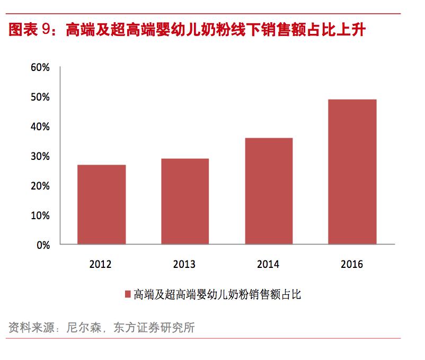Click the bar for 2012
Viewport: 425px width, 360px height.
coord(101,204)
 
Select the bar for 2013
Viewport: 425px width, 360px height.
coord(185,201)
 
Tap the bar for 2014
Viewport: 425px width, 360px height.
coord(268,191)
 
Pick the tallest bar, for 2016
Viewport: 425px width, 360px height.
coord(352,172)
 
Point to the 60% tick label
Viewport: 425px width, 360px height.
coord(40,68)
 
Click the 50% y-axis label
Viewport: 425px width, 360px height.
coord(40,97)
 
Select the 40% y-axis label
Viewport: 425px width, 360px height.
coord(40,127)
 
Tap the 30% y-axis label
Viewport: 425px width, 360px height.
coord(40,157)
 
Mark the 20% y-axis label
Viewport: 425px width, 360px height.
coord(40,186)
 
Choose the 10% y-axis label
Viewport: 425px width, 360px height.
coord(40,216)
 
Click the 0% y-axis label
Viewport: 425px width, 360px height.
coord(42,246)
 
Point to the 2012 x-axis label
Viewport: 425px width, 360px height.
coord(101,264)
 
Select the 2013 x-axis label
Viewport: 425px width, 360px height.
coord(185,264)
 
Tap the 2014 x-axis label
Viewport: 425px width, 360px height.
coord(268,264)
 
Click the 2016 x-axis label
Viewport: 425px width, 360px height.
coord(352,264)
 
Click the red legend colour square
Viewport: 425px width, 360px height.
coord(127,295)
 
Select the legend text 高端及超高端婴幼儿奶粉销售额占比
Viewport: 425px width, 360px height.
coord(217,295)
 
